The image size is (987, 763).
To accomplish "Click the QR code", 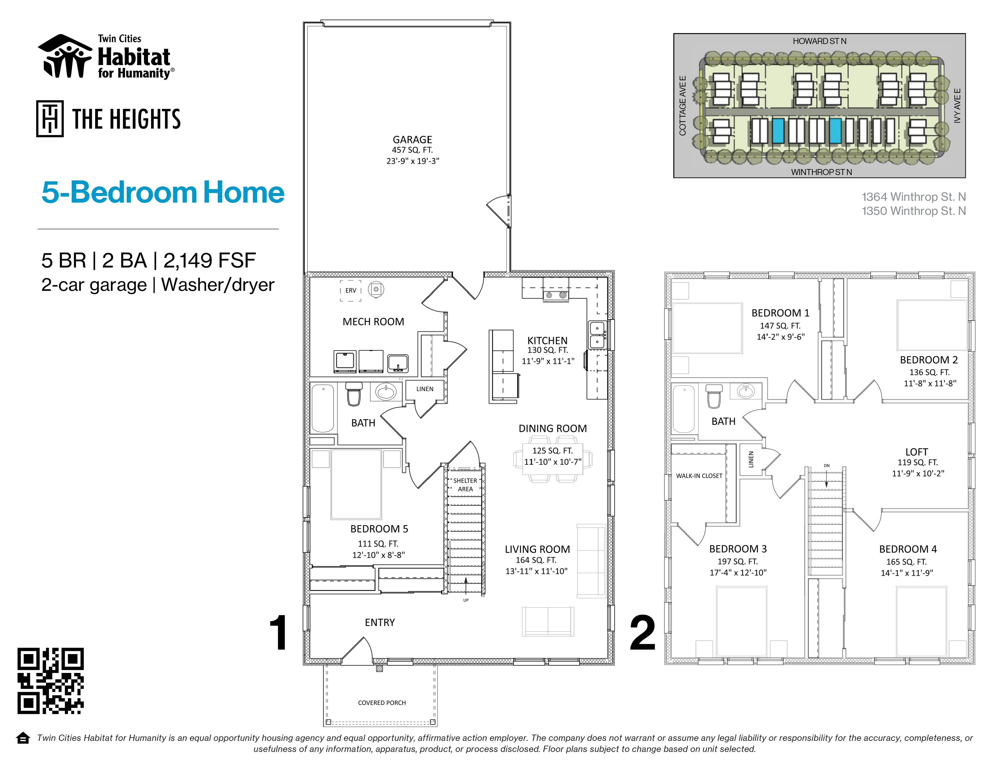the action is [x=51, y=681].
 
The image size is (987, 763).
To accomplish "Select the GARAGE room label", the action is [x=412, y=140].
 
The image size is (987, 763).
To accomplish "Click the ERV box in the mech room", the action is [x=351, y=291].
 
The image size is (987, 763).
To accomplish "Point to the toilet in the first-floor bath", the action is [x=354, y=394].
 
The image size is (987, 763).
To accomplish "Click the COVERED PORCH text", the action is [x=382, y=703].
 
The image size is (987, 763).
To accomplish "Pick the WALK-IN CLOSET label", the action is [x=699, y=476].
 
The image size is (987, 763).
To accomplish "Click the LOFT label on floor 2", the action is [x=916, y=452].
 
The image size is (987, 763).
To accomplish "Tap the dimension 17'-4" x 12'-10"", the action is [x=738, y=573].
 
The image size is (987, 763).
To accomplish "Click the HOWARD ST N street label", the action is [x=819, y=41].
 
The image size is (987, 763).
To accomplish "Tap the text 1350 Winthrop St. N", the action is [x=913, y=211].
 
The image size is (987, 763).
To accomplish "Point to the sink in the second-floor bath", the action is [x=746, y=391].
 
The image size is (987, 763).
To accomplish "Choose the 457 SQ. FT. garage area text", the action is [x=412, y=150].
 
